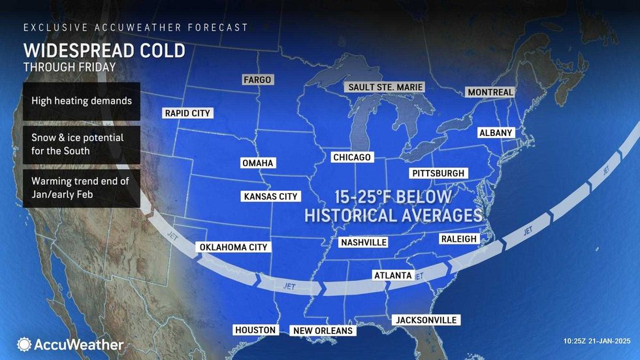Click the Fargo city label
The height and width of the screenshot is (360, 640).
tap(257, 80)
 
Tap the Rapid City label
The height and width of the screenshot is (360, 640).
tap(187, 113)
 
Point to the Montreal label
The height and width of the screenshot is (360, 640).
tap(490, 92)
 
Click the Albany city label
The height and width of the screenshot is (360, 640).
tap(496, 133)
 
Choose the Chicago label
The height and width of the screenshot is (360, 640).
tap(351, 157)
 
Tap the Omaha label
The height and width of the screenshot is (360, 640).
tap(257, 163)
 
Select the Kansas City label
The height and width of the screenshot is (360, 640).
tap(270, 196)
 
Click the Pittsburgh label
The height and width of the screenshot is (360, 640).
tap(438, 173)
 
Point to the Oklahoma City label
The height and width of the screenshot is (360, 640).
tap(233, 247)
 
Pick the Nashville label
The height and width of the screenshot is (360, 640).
tap(364, 242)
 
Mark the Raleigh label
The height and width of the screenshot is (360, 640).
tap(459, 239)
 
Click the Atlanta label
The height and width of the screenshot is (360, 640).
tap(392, 275)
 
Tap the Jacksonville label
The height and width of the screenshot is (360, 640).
tap(425, 320)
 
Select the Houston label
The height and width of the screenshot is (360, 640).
tap(255, 330)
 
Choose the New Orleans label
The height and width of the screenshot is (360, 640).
tap(323, 331)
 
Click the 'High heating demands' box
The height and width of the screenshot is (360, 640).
tap(81, 101)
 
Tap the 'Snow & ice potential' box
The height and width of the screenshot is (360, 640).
tap(81, 144)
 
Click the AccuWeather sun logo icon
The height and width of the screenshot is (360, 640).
tap(24, 344)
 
